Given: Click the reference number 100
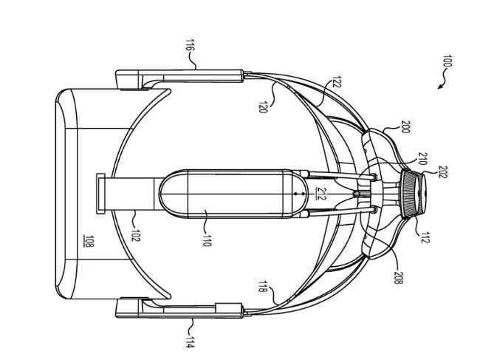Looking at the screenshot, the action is pos(448,61).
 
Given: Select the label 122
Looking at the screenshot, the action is pos(336,82).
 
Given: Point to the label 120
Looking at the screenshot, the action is pos(263,107).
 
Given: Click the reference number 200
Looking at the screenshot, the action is pos(405,126).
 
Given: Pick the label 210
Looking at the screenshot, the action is pos(422,159).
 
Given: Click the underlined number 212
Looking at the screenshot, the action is pos(320,194).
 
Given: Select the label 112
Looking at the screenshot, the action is pos(423,237).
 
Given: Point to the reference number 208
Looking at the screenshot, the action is pos(397,278).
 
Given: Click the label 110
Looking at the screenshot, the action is pos(207,241).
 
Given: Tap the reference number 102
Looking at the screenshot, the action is pos(136,236).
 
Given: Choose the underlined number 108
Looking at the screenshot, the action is pos(89,241).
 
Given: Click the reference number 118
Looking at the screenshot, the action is pos(263,286).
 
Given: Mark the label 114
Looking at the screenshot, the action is pos(190,342).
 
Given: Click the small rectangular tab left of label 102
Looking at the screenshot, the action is pos(100,194).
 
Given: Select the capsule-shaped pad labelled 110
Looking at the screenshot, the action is pos(233,194).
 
